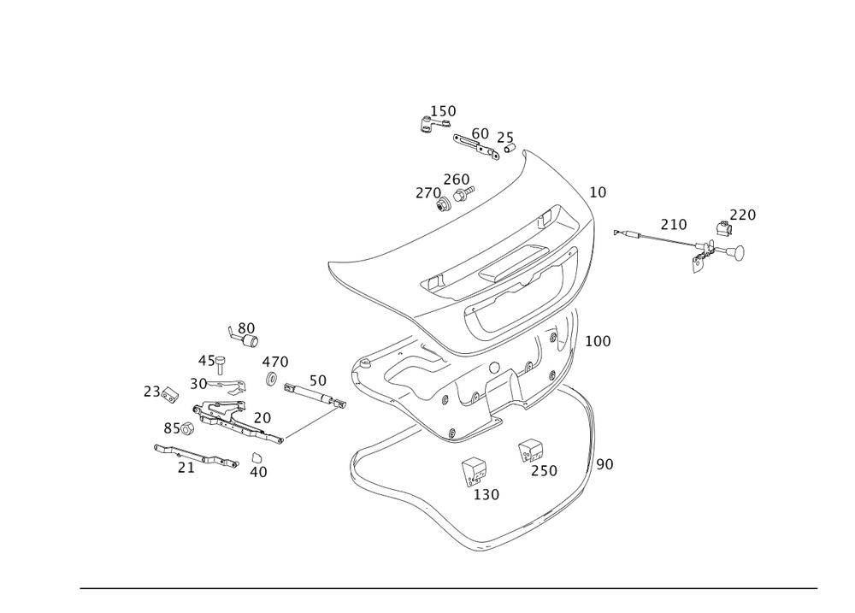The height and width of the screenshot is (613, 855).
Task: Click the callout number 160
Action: coord(444,110)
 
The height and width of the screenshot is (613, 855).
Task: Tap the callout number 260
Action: coord(457,179)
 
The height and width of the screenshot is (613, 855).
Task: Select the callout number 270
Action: coord(427,194)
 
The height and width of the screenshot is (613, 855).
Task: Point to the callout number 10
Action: coord(598,193)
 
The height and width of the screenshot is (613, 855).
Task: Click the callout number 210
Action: coord(674,224)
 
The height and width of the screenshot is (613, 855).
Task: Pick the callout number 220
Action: coord(743,215)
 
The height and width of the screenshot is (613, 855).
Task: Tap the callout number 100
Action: coord(598,341)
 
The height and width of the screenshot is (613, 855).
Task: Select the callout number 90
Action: coord(604,464)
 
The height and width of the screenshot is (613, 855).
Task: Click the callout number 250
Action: coord(544,471)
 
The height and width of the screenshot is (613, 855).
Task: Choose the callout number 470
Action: coord(275,362)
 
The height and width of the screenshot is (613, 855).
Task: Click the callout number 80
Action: coord(246,327)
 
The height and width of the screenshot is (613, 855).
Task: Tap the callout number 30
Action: coord(198,385)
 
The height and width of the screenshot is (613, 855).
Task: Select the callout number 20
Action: coord(262,417)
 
